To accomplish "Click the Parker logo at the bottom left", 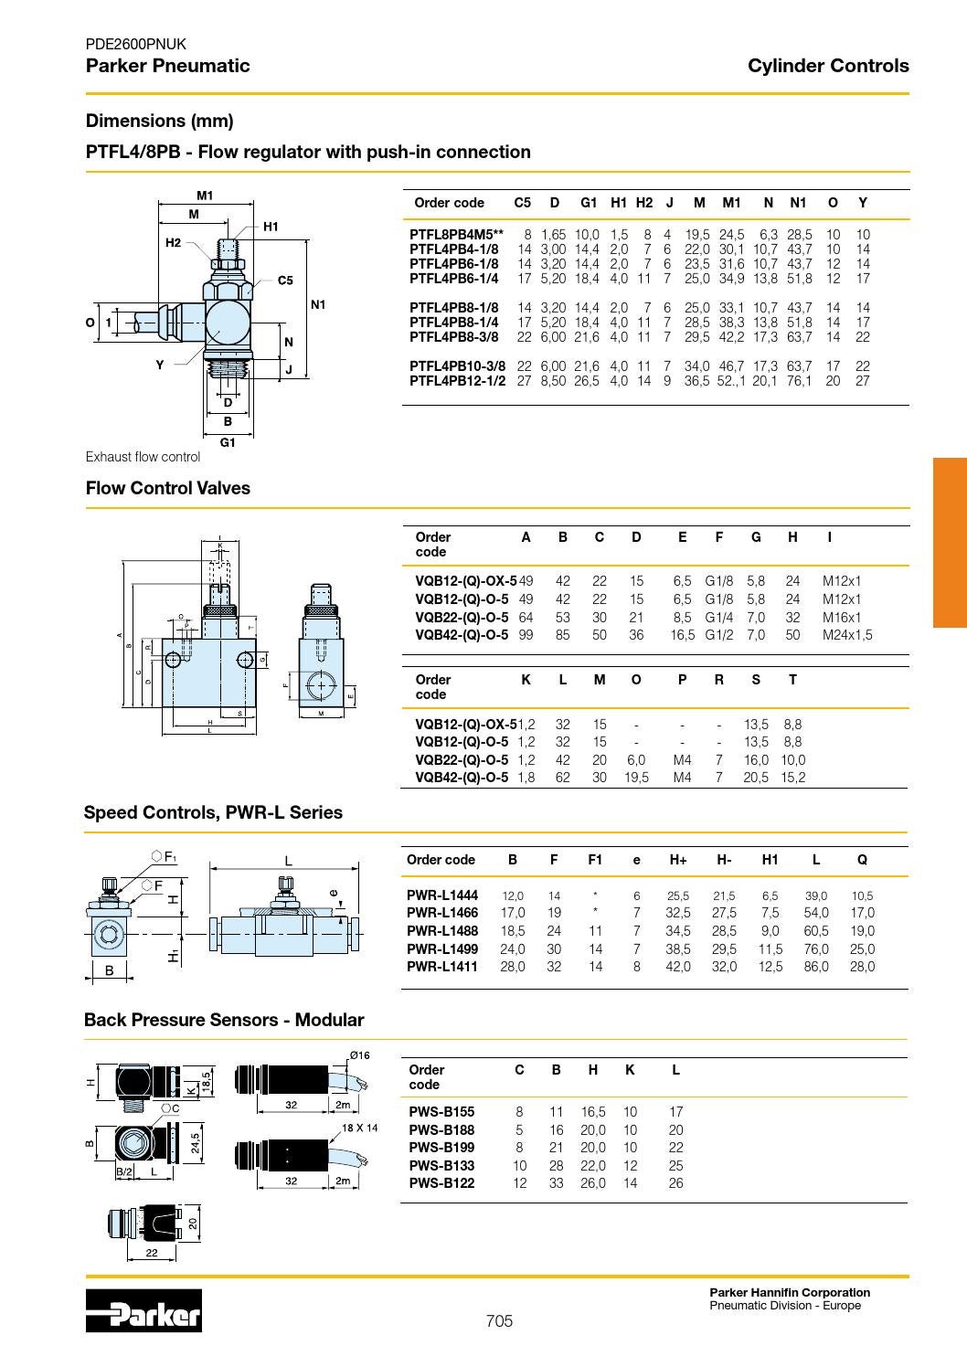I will [x=143, y=1311].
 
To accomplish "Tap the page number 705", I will [x=499, y=1321].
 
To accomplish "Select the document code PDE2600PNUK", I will [x=135, y=44].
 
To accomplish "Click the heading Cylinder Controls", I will [x=827, y=66].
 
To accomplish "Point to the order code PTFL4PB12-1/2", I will [x=457, y=380].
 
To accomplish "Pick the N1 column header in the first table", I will [x=798, y=203].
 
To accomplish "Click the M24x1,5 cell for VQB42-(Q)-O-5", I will [x=846, y=635].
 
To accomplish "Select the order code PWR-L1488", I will [x=441, y=931].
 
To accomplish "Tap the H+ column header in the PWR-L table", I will [x=677, y=860].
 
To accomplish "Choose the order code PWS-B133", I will [x=441, y=1166].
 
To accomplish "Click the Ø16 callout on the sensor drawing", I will [x=359, y=1055].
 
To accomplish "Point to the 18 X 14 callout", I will [x=360, y=1128].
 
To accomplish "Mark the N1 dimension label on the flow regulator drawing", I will [x=318, y=304].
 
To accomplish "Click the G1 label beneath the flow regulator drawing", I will [x=228, y=442].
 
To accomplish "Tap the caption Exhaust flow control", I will [x=143, y=457].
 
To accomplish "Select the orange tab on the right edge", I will [x=950, y=542].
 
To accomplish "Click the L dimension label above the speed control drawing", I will [x=288, y=860].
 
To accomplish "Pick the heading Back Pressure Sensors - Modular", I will [x=224, y=1020].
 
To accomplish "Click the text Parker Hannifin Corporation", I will [x=790, y=1292].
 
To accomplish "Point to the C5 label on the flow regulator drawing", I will [x=285, y=281].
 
